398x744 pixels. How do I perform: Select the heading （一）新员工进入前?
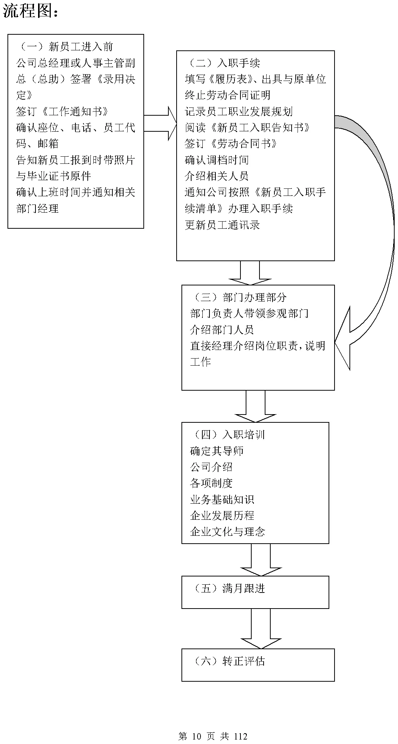point(65,47)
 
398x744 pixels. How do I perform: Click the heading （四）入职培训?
point(228,435)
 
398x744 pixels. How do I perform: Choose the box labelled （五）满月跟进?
point(255,592)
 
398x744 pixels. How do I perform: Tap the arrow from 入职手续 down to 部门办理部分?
point(250,272)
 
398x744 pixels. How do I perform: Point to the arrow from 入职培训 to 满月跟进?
point(261,560)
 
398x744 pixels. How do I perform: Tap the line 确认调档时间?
point(217,160)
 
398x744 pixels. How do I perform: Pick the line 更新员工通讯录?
point(222,225)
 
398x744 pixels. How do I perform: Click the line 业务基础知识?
point(222,499)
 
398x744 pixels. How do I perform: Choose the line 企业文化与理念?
point(227,532)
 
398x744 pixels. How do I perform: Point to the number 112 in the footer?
point(240,736)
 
